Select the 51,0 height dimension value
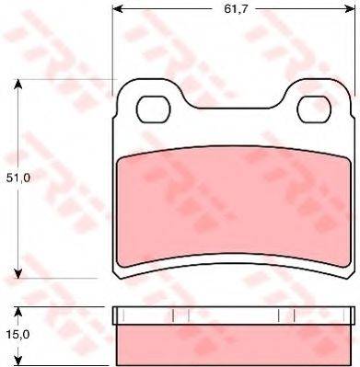pyautogui.click(x=18, y=178)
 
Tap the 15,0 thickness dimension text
pyautogui.click(x=17, y=335)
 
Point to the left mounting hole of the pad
pyautogui.click(x=153, y=109)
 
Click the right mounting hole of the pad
pyautogui.click(x=315, y=109)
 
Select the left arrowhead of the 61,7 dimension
pyautogui.click(x=118, y=9)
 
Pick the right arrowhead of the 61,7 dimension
pyautogui.click(x=350, y=9)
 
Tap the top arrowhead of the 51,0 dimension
pyautogui.click(x=18, y=85)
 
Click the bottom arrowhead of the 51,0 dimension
pyautogui.click(x=18, y=273)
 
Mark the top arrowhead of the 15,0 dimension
pyautogui.click(x=18, y=312)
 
